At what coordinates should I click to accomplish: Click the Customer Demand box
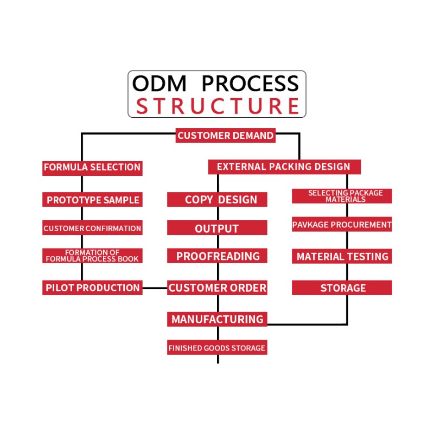tap(226, 136)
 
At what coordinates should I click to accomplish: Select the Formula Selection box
tap(92, 168)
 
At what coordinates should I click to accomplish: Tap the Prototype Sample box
tap(92, 200)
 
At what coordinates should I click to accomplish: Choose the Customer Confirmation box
tap(92, 228)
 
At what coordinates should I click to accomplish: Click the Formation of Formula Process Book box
tap(92, 256)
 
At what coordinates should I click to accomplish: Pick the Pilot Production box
tap(92, 288)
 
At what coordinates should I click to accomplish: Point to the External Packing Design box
tap(284, 167)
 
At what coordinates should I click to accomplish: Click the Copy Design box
tap(217, 200)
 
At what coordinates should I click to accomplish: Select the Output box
tap(217, 228)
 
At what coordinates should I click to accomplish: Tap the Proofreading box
tap(217, 256)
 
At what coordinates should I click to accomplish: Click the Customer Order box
tap(217, 288)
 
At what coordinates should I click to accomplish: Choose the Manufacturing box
tap(217, 320)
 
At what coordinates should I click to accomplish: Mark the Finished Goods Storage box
tap(217, 348)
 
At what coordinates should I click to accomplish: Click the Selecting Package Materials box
tap(342, 196)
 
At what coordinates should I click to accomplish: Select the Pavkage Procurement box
tap(342, 225)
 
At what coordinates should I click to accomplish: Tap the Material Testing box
tap(342, 257)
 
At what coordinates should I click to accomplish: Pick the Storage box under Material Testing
tap(342, 288)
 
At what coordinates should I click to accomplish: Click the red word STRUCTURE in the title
tap(217, 106)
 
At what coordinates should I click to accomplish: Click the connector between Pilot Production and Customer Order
tap(155, 288)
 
